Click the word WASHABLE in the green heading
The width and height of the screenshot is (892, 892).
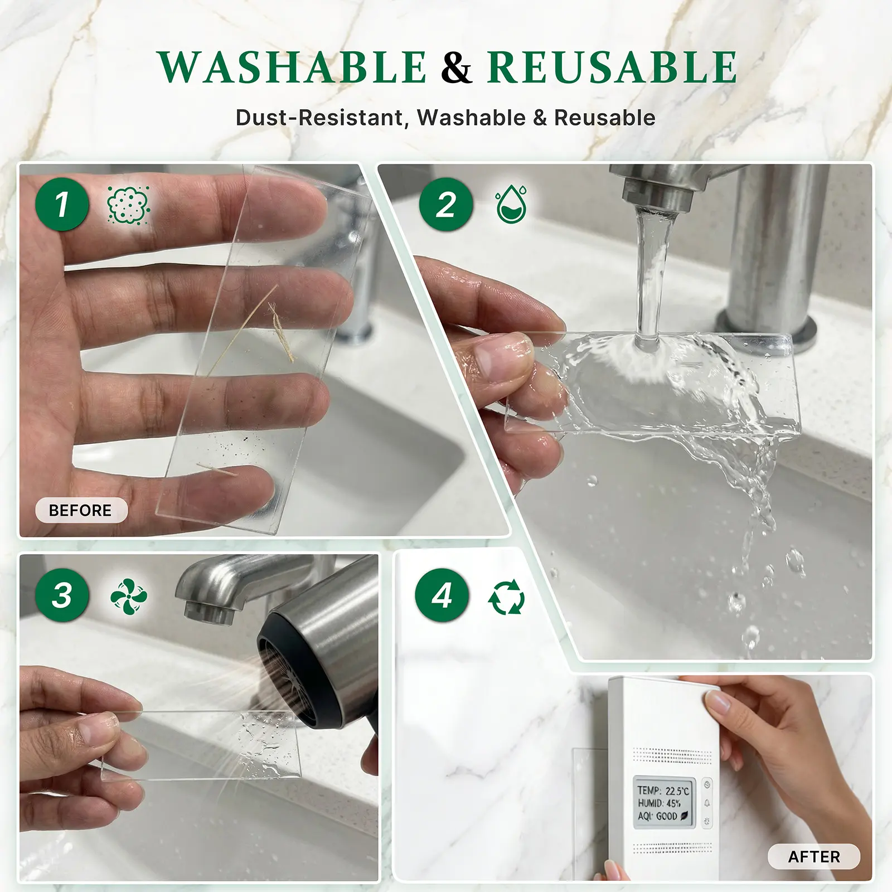tap(292, 67)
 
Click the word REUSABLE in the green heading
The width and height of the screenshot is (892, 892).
tap(612, 67)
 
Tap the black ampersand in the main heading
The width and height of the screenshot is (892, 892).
tap(457, 67)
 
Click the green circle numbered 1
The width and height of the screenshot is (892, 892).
tap(62, 204)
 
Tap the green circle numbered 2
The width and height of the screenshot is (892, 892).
tap(446, 204)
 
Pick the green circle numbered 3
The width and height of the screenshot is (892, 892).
tap(62, 595)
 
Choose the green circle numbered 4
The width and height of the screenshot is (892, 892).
tap(442, 595)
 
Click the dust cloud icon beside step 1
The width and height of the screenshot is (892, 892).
tap(128, 205)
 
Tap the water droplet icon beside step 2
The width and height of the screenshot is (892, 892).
tap(511, 205)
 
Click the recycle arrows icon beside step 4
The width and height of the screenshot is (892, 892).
tap(506, 597)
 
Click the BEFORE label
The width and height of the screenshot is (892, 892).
tap(81, 510)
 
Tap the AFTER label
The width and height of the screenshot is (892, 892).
tap(814, 856)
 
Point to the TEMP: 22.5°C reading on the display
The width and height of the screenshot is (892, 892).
tap(663, 791)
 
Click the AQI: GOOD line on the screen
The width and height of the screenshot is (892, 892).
tap(663, 817)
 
